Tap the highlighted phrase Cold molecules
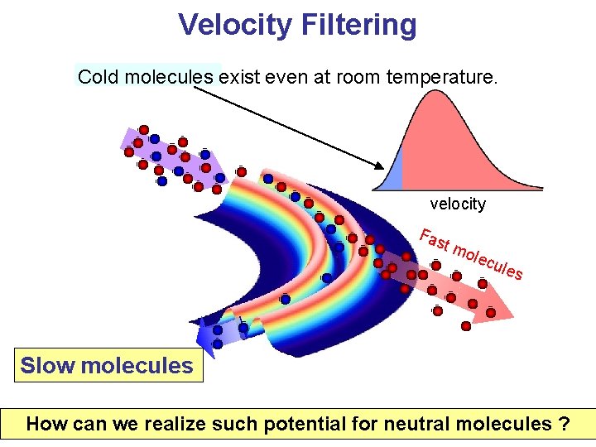tap(146, 77)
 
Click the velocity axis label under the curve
tap(458, 204)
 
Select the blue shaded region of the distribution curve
tap(396, 175)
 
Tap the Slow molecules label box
tap(107, 366)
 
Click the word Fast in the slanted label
tap(433, 239)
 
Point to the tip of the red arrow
tap(512, 316)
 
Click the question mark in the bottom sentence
tap(564, 425)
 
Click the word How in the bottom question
tap(45, 425)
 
